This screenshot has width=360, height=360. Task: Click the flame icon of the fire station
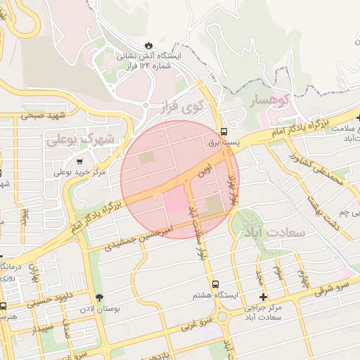[x=148, y=44]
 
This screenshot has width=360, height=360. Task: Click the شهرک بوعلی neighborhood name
[x=80, y=139]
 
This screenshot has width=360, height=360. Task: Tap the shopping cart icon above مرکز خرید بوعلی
[x=78, y=161]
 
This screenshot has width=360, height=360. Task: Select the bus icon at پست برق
[x=224, y=131]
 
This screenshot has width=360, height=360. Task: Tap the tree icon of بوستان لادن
[x=98, y=297]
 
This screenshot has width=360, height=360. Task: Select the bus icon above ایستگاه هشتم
[x=216, y=283]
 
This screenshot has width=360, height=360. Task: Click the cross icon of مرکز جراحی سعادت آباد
[x=263, y=297]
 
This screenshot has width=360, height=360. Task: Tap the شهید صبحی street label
[x=42, y=114]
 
